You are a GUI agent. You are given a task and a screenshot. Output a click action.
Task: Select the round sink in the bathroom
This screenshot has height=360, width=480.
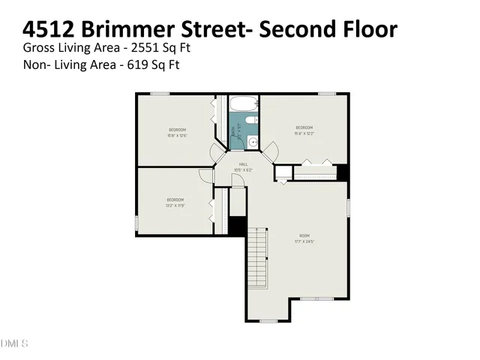[253, 140]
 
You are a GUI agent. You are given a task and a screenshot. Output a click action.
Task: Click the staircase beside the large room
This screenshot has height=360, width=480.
[257, 259]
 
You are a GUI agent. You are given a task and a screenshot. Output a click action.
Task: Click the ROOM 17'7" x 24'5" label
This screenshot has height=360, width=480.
[303, 239]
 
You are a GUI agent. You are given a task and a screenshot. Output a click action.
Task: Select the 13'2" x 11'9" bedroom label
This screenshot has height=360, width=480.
[175, 202]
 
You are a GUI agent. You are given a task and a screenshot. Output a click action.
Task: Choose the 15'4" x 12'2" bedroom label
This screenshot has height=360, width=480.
[304, 129]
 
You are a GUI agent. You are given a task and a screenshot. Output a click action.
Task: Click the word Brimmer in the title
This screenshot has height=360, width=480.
[130, 30]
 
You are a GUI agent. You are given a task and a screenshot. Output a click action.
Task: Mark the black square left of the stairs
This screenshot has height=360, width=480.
[238, 226]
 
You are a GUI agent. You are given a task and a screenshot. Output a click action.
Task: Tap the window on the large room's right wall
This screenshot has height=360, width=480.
[349, 207]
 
